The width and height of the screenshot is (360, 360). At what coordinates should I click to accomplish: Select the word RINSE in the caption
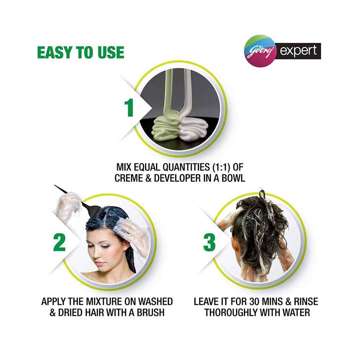(x=305, y=301)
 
